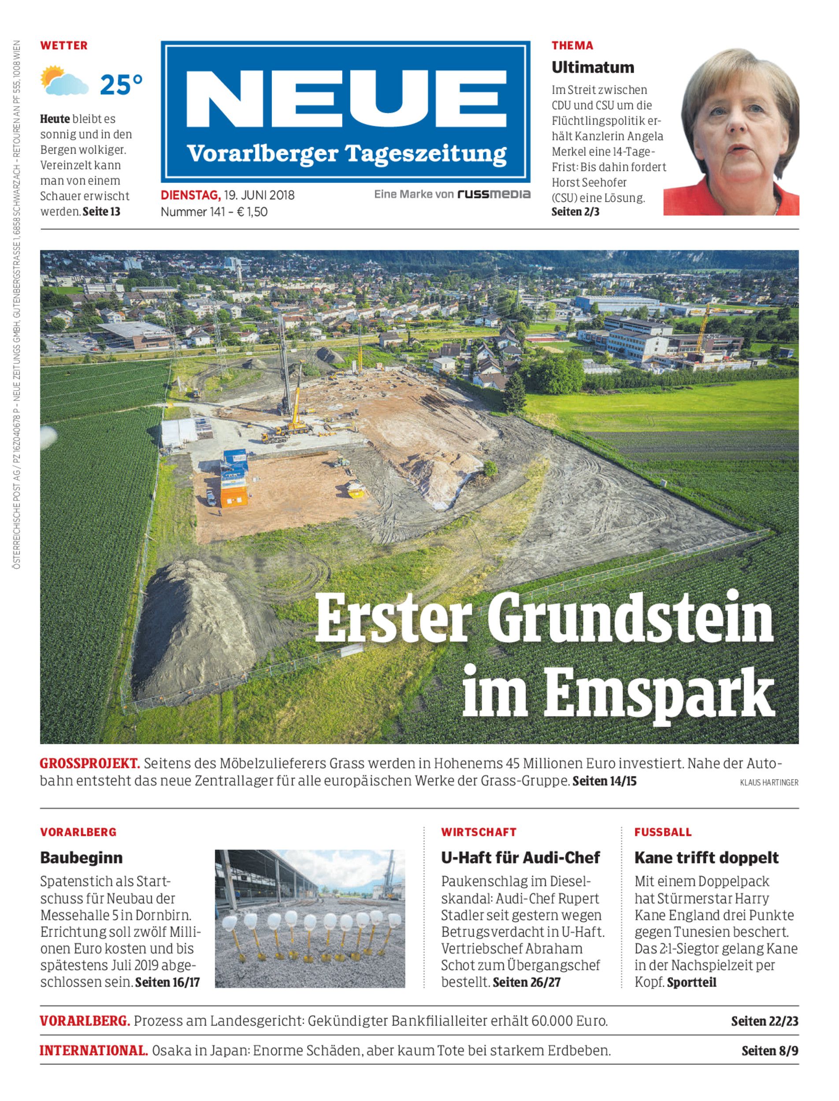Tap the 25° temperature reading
pos(121,85)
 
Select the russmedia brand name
pos(494,194)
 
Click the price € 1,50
pos(252,212)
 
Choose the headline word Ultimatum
pos(592,67)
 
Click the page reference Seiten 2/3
pos(575,212)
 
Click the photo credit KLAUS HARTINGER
pos(768,783)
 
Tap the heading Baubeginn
pos(82,857)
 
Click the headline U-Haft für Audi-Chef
pos(520,857)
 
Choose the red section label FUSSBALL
pos(663,832)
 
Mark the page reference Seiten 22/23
pos(764,1021)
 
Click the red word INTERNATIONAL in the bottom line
pos(93,1051)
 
